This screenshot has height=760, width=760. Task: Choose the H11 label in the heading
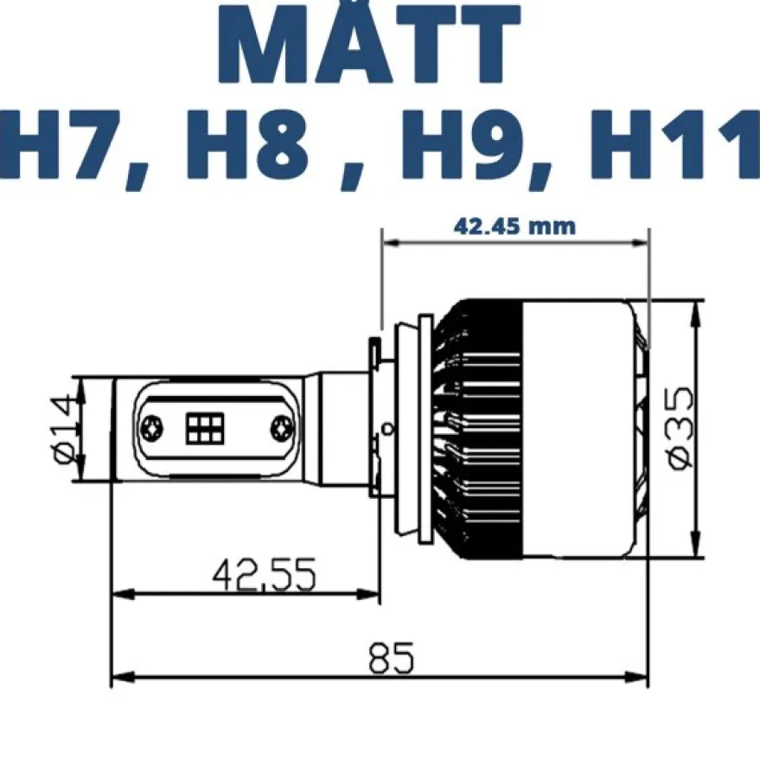click(x=674, y=145)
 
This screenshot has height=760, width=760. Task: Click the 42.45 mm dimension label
click(x=514, y=227)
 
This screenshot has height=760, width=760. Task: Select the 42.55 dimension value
click(x=265, y=575)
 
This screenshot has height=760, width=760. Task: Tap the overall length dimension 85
click(x=391, y=658)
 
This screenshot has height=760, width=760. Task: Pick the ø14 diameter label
click(x=64, y=429)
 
